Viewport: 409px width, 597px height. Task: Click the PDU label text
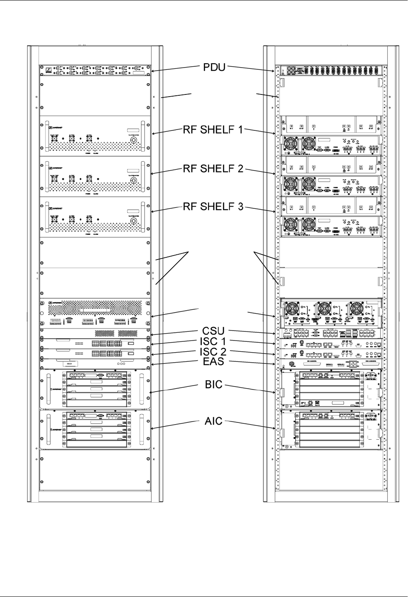click(214, 68)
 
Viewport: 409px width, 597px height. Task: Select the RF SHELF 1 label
click(213, 130)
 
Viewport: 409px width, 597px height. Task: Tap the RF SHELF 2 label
click(213, 169)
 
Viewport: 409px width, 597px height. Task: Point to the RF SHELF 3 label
click(213, 207)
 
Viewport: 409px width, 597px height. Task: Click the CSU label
click(214, 332)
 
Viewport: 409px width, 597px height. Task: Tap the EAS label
click(214, 361)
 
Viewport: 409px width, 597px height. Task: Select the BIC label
click(213, 384)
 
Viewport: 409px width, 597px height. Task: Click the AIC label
click(213, 421)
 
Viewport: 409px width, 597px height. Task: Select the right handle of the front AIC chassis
click(142, 428)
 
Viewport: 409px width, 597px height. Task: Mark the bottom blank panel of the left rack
click(95, 471)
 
